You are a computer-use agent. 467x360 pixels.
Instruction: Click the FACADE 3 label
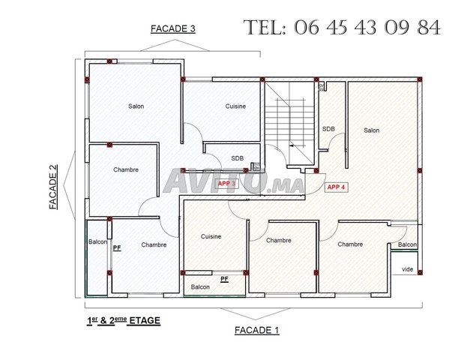click(x=173, y=29)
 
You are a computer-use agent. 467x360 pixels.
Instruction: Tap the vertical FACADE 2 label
click(x=53, y=187)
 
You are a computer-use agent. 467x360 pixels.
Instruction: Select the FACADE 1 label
click(x=257, y=330)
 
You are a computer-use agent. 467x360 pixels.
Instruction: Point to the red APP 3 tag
click(x=226, y=184)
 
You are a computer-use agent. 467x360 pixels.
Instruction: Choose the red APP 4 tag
click(x=336, y=187)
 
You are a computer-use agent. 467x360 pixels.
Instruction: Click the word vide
click(x=408, y=269)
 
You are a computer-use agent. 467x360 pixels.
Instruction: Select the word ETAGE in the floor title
click(x=145, y=321)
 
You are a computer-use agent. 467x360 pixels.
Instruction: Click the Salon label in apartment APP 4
click(x=372, y=130)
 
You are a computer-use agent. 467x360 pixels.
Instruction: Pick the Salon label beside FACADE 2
click(x=136, y=106)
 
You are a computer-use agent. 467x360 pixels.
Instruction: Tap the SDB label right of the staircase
click(x=328, y=129)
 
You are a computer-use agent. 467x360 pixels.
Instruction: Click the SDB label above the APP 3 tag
click(x=238, y=158)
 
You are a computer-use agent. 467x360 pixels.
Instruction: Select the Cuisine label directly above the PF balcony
click(x=211, y=236)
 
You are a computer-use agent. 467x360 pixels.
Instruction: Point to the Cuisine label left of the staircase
click(x=235, y=106)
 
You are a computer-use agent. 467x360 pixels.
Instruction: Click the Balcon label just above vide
click(x=408, y=245)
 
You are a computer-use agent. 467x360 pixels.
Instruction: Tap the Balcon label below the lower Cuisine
click(x=200, y=287)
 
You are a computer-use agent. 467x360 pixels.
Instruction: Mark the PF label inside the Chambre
click(x=117, y=248)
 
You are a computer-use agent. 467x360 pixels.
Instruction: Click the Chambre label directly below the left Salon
click(x=126, y=169)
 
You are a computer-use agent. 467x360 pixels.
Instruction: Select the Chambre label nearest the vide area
click(x=350, y=244)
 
